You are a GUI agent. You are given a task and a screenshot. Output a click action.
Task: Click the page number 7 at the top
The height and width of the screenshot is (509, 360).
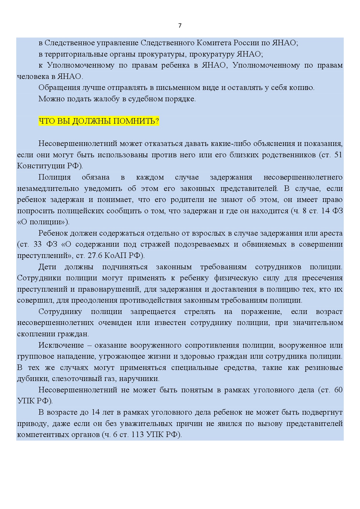click(x=180, y=26)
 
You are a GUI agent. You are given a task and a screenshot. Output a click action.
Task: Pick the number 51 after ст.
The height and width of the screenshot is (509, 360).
click(x=338, y=155)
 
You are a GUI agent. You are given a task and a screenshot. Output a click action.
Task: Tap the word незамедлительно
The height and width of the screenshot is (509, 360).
click(x=48, y=189)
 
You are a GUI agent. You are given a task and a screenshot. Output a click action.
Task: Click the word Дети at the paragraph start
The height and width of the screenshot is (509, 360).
click(x=47, y=267)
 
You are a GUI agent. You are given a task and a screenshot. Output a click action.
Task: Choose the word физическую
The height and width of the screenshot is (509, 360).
click(x=236, y=278)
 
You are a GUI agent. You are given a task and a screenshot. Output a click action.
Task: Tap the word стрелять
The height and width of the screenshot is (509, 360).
click(x=200, y=312)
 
